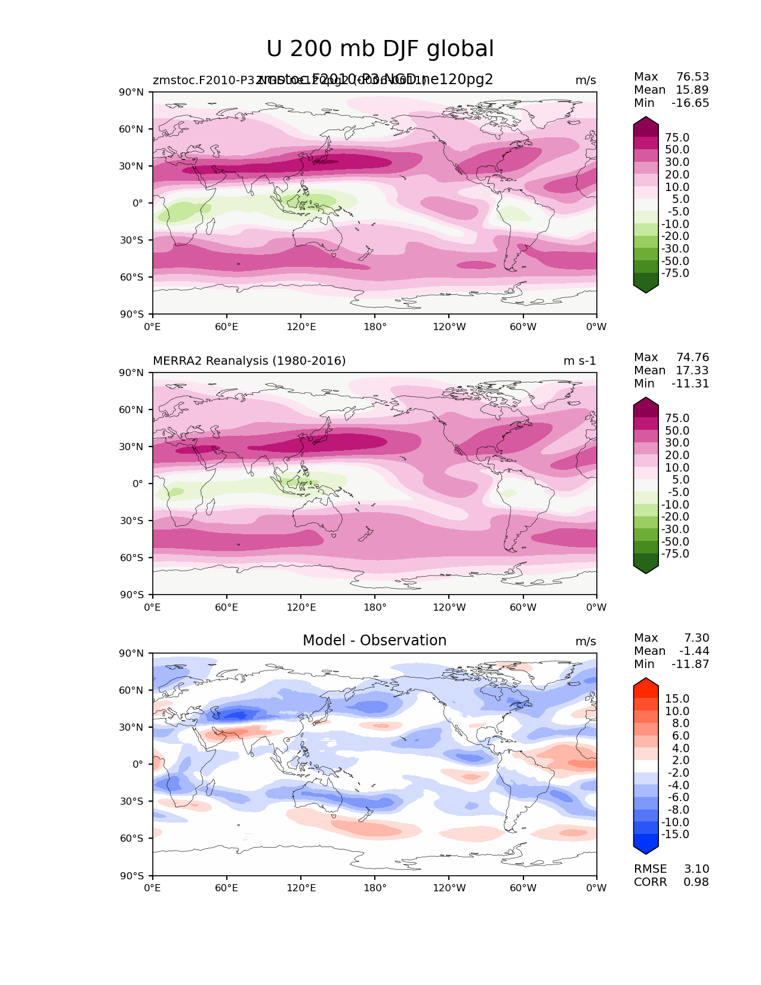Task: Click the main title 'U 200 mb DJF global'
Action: tap(380, 49)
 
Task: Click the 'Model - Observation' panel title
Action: tap(374, 641)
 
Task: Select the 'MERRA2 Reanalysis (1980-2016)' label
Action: tap(249, 361)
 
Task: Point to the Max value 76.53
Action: tap(692, 77)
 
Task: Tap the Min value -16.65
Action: tap(690, 103)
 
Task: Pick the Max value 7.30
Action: tap(697, 638)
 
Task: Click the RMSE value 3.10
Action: tap(697, 869)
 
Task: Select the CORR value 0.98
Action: tap(696, 882)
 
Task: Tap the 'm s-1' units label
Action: tap(580, 361)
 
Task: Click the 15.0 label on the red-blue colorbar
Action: tap(677, 699)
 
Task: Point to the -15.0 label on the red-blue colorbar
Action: tap(675, 835)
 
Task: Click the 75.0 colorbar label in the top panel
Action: tap(677, 138)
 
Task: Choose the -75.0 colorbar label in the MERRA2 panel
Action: tap(675, 554)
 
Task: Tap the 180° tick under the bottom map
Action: tap(375, 888)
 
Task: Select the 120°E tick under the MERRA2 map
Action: tap(301, 608)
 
